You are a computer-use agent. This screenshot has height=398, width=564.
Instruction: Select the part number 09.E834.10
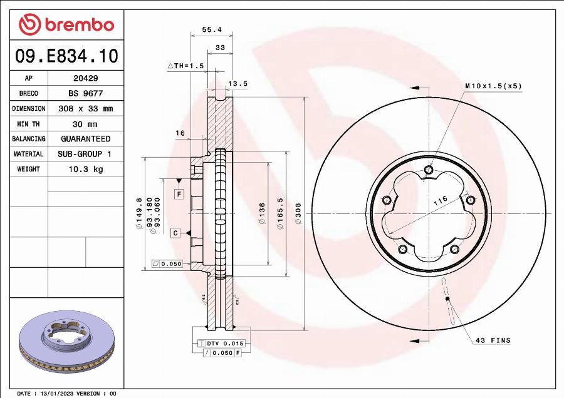coord(66,56)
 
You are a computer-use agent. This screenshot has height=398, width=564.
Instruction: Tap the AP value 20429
coord(85,79)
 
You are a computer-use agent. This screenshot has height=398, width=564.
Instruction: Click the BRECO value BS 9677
coord(85,93)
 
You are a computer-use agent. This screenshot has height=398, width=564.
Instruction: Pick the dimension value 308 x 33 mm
coord(85,108)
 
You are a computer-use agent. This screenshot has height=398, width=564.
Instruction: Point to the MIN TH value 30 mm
coord(85,124)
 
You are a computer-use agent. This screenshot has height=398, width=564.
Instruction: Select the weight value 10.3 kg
coord(85,169)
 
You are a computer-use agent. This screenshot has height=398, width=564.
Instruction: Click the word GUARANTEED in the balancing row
coord(85,139)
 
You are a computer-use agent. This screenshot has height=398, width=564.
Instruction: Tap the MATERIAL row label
coord(29,154)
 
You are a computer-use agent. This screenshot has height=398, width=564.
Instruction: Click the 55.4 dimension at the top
coord(212,29)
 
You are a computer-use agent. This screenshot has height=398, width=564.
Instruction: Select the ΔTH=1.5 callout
coord(185,66)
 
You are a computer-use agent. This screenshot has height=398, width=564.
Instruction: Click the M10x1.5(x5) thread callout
coord(493,86)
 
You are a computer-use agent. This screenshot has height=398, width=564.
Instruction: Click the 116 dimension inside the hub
coord(440,200)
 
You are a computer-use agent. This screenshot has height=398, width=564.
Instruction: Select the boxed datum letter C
coord(176,233)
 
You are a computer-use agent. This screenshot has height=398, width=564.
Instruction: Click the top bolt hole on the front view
coord(429,170)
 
